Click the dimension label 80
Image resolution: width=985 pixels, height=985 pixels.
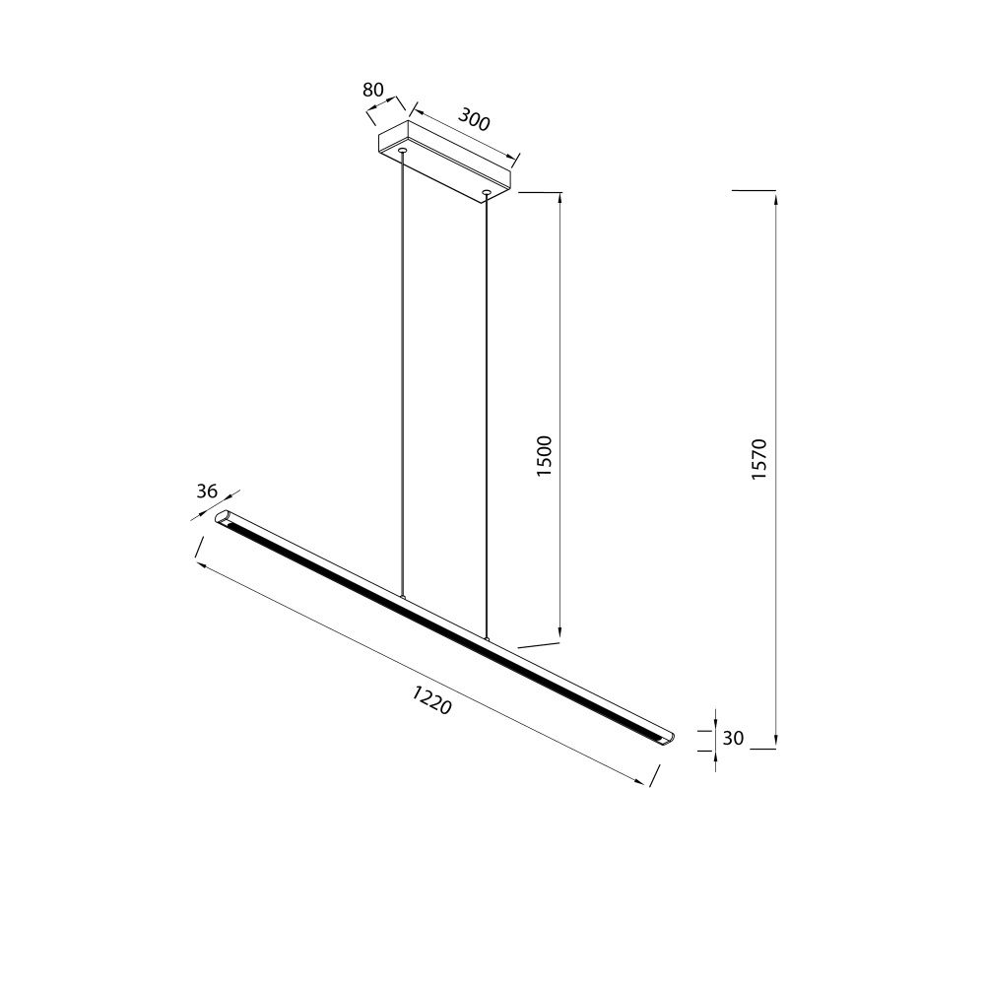[372, 90]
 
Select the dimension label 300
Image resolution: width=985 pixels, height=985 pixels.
[474, 121]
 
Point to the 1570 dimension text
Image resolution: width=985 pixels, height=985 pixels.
[758, 459]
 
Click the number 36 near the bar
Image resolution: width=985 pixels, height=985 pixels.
[206, 492]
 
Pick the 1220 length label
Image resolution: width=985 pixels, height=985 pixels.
[431, 701]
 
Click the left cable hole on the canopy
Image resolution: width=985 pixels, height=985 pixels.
[402, 151]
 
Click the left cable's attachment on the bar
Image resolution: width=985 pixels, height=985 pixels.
[402, 596]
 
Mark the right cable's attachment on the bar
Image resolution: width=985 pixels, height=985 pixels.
[486, 638]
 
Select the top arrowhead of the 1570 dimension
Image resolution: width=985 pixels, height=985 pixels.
[776, 197]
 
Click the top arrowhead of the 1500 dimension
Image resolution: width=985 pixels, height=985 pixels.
[559, 200]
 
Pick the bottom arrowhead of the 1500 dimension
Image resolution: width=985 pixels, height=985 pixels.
[559, 635]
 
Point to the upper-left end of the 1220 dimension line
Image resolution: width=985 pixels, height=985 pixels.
[198, 565]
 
